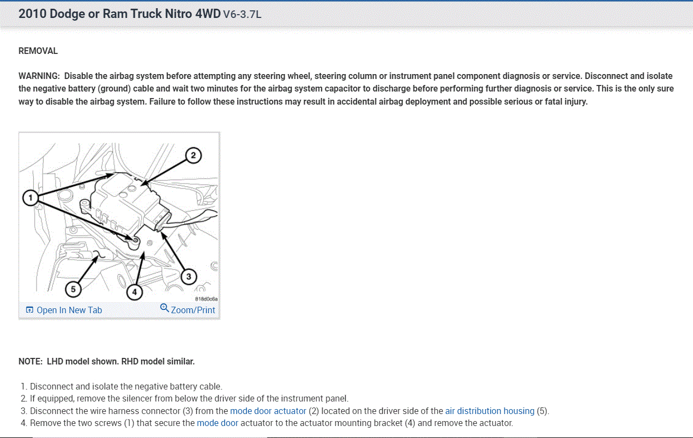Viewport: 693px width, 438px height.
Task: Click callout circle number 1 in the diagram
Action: pyautogui.click(x=31, y=197)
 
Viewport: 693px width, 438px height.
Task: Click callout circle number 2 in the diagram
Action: pyautogui.click(x=192, y=155)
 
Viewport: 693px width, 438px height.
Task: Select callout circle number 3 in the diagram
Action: pyautogui.click(x=189, y=277)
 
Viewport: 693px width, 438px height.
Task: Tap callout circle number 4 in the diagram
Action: pyautogui.click(x=135, y=293)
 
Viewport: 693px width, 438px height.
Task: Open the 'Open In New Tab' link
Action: pyautogui.click(x=69, y=310)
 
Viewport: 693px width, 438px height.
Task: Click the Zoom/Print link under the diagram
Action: pyautogui.click(x=193, y=310)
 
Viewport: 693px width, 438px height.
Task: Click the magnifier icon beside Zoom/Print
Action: pyautogui.click(x=165, y=308)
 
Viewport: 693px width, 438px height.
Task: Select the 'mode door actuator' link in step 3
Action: pyautogui.click(x=268, y=411)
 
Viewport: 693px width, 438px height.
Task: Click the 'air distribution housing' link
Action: pyautogui.click(x=490, y=411)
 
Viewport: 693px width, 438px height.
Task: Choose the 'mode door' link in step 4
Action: pyautogui.click(x=218, y=423)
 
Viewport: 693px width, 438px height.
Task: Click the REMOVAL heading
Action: pyautogui.click(x=38, y=51)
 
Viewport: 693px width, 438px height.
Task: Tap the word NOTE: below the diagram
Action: pyautogui.click(x=31, y=361)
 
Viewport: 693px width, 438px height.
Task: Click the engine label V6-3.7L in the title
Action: pyautogui.click(x=242, y=14)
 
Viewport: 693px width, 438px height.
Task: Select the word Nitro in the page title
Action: pyautogui.click(x=178, y=14)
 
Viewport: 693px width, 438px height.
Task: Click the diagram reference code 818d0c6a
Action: pyautogui.click(x=207, y=299)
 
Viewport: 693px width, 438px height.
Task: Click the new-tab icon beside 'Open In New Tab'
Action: pyautogui.click(x=29, y=310)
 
